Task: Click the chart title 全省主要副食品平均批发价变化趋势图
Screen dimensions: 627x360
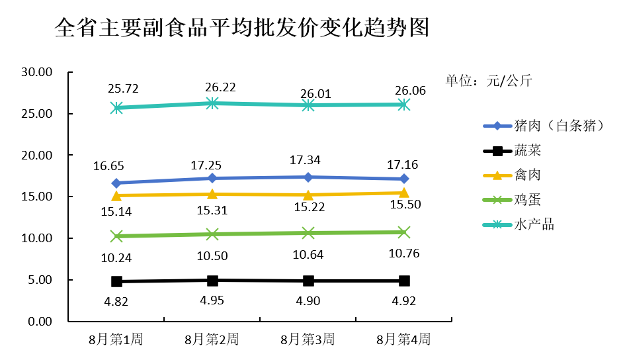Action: (x=242, y=28)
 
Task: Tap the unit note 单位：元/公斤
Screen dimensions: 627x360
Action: (x=489, y=81)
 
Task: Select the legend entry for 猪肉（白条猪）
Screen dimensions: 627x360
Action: (x=544, y=126)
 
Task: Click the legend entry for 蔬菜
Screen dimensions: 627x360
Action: (x=512, y=151)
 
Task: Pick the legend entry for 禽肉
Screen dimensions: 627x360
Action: (x=512, y=175)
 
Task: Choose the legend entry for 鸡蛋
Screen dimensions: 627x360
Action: (x=512, y=200)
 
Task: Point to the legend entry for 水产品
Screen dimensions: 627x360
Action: (x=519, y=224)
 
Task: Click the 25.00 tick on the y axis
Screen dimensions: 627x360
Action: (x=37, y=114)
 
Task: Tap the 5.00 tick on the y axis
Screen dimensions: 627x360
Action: (x=40, y=280)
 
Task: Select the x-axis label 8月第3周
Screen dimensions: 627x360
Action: (x=308, y=339)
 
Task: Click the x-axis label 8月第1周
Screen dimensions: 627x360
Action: (x=116, y=339)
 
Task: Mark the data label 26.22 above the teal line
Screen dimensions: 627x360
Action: (x=220, y=87)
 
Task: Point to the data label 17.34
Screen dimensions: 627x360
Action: (x=305, y=160)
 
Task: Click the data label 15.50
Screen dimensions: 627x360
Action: (x=405, y=204)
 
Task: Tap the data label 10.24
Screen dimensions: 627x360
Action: (x=116, y=258)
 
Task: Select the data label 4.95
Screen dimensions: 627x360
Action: (x=212, y=300)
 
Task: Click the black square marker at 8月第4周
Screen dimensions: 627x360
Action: (x=404, y=281)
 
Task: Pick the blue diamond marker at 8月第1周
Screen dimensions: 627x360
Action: (x=116, y=183)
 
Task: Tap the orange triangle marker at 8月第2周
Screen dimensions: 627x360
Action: (x=212, y=194)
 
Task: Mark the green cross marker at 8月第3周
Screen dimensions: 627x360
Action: (x=308, y=233)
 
